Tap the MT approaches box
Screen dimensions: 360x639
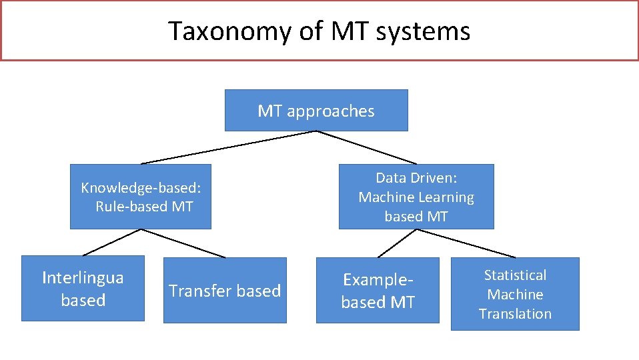click(315, 111)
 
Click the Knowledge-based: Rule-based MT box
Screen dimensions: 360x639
click(141, 197)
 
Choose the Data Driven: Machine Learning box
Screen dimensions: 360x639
click(416, 197)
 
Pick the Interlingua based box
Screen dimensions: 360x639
click(83, 288)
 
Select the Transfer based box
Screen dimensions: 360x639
click(225, 291)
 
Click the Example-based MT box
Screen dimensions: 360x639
click(378, 291)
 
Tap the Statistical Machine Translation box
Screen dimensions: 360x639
click(515, 294)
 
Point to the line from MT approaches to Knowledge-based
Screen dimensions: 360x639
click(228, 147)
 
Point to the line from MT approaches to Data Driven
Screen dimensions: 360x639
click(366, 147)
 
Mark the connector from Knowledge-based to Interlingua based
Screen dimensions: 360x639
click(111, 243)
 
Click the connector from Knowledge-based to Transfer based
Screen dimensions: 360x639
click(183, 243)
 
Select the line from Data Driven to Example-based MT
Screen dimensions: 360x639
click(398, 243)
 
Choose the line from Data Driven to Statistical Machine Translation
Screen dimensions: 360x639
click(466, 243)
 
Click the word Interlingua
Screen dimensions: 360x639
click(83, 277)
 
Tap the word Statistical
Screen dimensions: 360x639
click(515, 275)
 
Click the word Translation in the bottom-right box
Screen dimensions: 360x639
click(515, 313)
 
